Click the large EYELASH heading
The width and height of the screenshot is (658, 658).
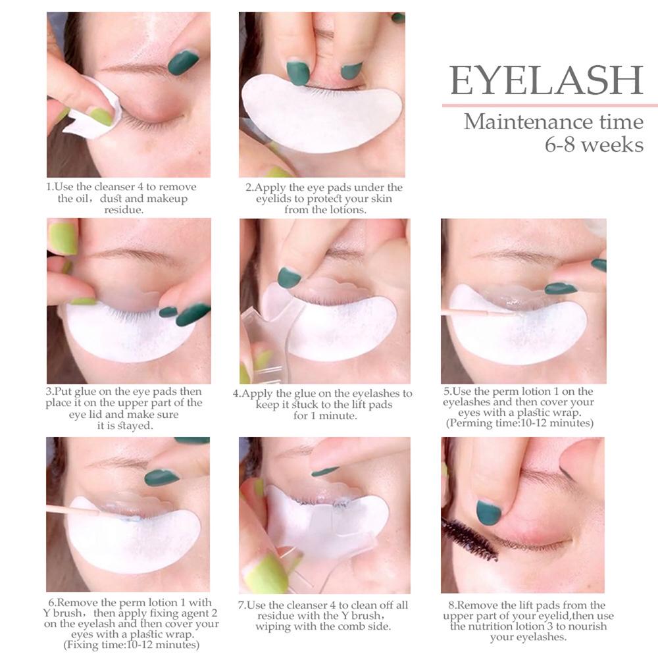pyautogui.click(x=546, y=80)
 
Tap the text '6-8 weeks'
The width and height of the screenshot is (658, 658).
pyautogui.click(x=594, y=145)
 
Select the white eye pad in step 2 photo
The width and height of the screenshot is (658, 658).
pyautogui.click(x=321, y=111)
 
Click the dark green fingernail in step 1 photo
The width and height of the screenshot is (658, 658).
pyautogui.click(x=184, y=62)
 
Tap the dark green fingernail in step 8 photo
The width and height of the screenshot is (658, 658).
pyautogui.click(x=489, y=513)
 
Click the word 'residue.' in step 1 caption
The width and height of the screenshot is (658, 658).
pyautogui.click(x=124, y=210)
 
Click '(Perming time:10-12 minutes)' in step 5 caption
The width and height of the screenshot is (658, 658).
pyautogui.click(x=520, y=423)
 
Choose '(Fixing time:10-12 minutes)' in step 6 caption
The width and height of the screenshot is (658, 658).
pyautogui.click(x=132, y=645)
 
